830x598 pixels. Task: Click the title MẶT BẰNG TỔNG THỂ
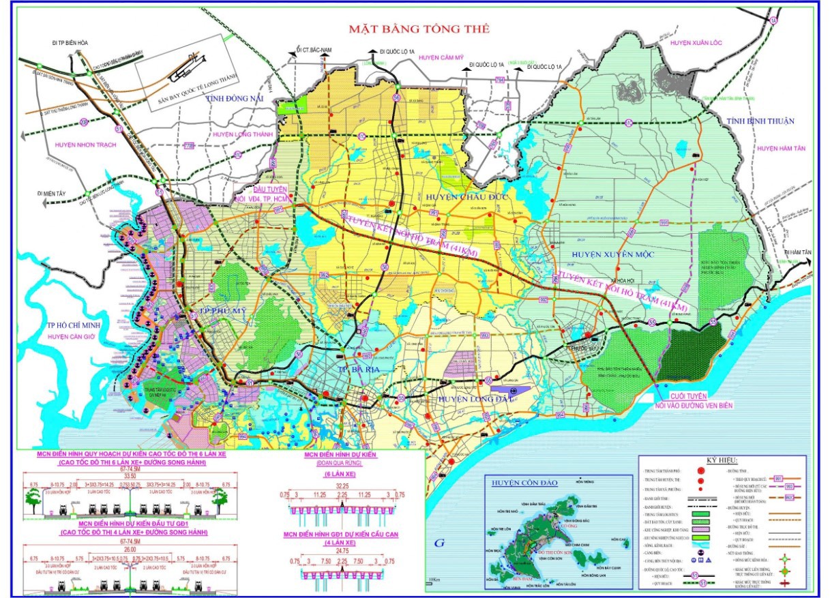pyautogui.click(x=419, y=29)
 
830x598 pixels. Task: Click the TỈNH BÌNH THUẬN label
pyautogui.click(x=760, y=121)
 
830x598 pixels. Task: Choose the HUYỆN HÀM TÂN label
pyautogui.click(x=782, y=148)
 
